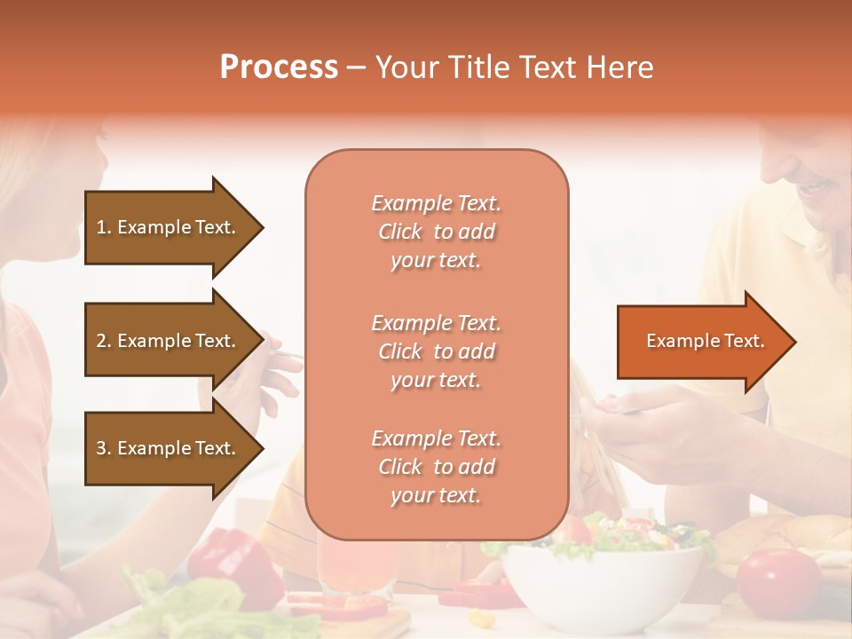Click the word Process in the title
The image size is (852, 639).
pos(279,67)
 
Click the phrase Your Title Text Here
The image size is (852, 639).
pos(515,67)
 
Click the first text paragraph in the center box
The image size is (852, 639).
pos(436,232)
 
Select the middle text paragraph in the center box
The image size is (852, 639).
pos(436,351)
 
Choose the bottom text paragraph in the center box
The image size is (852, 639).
pos(436,467)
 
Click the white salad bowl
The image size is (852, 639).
pos(603,586)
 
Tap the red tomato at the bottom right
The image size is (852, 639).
pos(778,581)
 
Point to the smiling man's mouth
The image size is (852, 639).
pos(816,188)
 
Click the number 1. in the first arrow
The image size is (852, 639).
pos(103,227)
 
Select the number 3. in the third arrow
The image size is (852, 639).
pos(103,448)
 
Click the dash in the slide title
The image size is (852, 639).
pos(357,67)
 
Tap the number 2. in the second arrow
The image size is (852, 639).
pos(103,341)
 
